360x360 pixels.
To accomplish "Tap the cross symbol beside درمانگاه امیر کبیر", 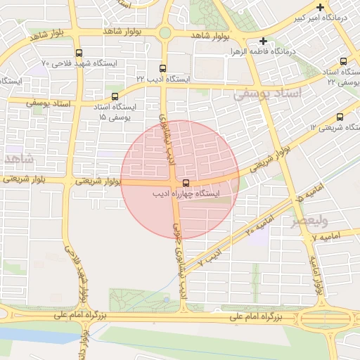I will coord(321,7).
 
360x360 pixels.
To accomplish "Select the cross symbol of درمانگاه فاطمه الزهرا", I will coord(263,41).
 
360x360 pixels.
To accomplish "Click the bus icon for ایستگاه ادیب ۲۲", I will coord(163,68).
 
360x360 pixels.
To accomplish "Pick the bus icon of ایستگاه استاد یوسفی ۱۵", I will coord(115,97).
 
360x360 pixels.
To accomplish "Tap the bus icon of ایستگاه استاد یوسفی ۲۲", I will coord(343,62).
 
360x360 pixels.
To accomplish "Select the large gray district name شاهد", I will coord(17,157).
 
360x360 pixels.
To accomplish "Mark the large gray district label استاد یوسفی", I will coord(266,94).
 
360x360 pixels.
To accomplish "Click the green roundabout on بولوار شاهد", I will coord(165,32).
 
